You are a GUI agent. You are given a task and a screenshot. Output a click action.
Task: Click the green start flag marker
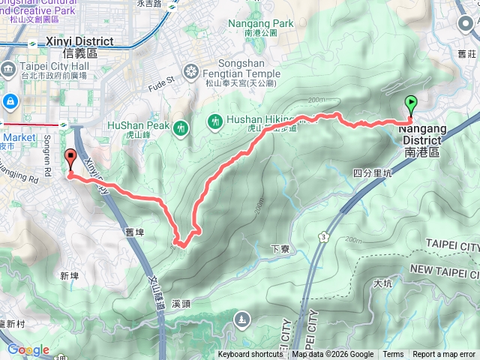(x=411, y=105)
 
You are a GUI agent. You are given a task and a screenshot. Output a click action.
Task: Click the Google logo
(x=28, y=349)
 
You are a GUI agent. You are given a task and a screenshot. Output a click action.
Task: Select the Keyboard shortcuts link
(x=250, y=355)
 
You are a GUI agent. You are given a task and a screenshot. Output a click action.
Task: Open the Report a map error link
(x=444, y=355)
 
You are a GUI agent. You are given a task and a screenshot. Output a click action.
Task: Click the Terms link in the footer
(x=393, y=355)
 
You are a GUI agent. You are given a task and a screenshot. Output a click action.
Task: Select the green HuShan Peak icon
(x=180, y=129)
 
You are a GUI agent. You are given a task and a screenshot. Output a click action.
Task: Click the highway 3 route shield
(x=323, y=237)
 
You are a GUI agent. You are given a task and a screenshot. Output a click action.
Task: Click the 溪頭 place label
(x=181, y=304)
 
